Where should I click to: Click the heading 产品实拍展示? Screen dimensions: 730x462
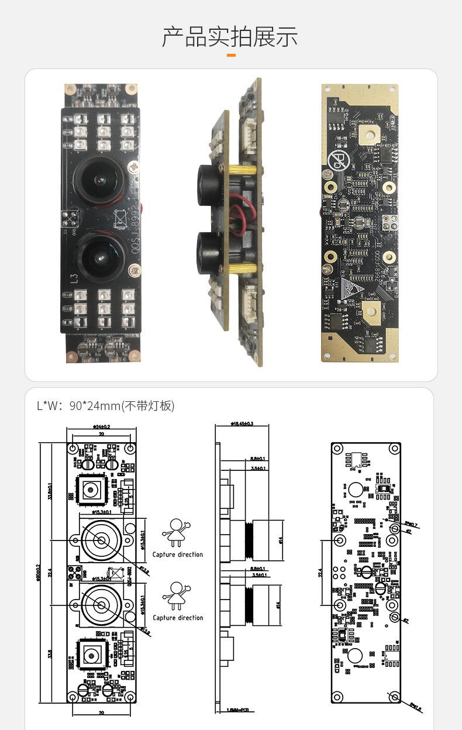click(230, 37)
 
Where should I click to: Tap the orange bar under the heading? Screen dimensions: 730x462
click(231, 56)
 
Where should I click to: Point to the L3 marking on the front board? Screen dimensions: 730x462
click(74, 279)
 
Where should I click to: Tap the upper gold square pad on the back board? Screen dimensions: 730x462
click(368, 133)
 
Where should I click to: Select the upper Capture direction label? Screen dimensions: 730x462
click(178, 555)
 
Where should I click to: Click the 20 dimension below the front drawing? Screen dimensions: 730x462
click(101, 712)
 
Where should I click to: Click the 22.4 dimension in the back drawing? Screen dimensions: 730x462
click(321, 573)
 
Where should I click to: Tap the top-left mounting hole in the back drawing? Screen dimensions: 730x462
click(337, 449)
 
